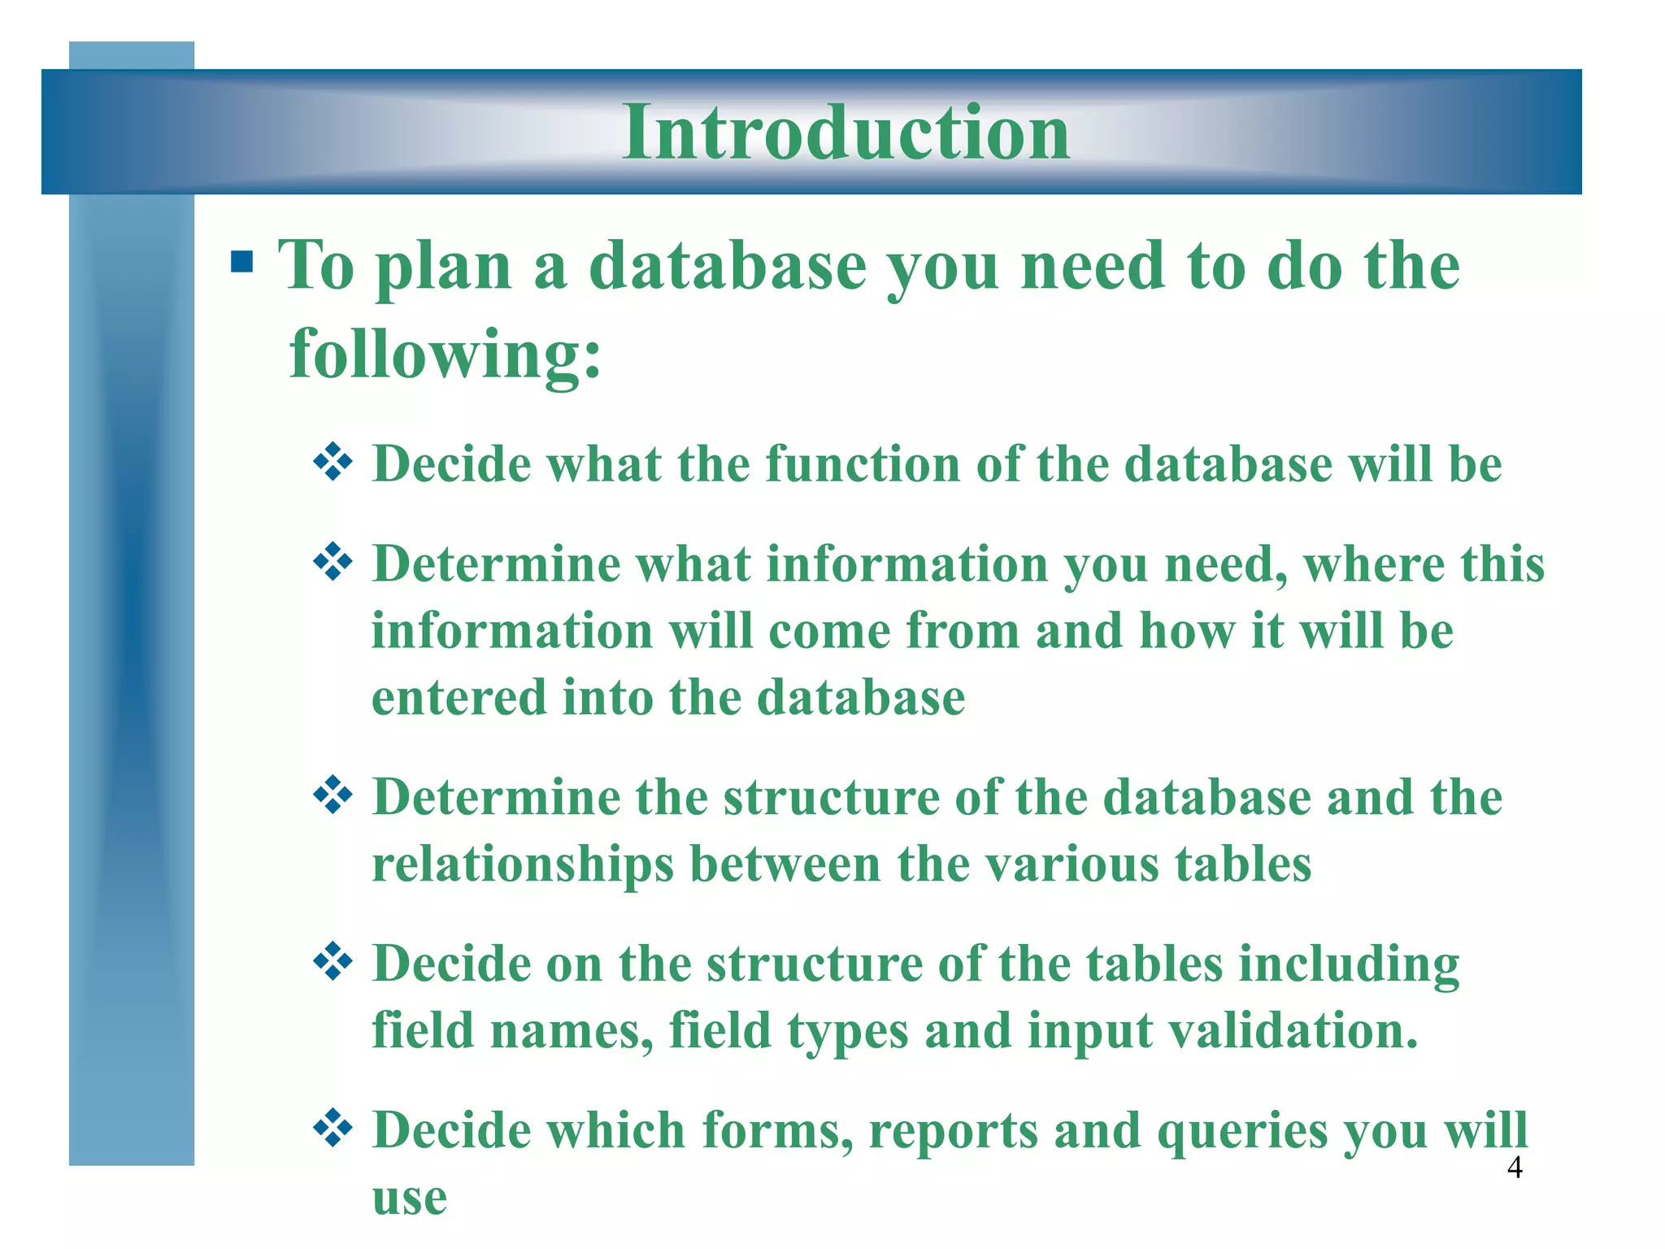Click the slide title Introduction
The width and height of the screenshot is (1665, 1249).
pos(846,132)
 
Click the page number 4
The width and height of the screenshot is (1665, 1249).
pos(1515,1168)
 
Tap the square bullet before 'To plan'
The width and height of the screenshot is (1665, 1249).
pos(241,263)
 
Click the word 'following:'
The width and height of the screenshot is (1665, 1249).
pos(446,354)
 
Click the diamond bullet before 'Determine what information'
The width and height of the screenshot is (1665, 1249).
pos(333,563)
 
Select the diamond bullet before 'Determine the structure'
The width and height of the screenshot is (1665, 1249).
pos(333,795)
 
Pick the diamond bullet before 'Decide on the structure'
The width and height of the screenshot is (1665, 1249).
pos(333,963)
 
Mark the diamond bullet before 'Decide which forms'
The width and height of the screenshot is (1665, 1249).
pos(333,1129)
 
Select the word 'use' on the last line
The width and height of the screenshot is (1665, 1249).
pos(409,1197)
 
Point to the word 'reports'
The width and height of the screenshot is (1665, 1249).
pos(953,1131)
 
